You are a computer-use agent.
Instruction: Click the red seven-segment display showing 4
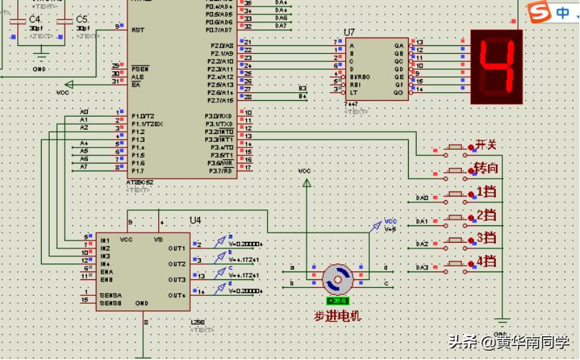(x=496, y=66)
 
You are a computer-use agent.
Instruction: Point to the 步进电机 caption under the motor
(x=337, y=316)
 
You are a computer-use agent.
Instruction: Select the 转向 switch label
(x=486, y=168)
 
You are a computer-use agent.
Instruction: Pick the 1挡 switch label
(x=486, y=192)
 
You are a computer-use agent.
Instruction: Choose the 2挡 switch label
(x=486, y=215)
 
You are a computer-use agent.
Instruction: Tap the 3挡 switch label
(x=486, y=238)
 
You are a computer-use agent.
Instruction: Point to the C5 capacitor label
(x=81, y=19)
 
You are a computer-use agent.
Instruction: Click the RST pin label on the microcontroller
(x=137, y=30)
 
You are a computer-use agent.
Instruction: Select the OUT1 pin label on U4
(x=177, y=248)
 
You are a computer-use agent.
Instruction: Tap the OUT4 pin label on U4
(x=177, y=295)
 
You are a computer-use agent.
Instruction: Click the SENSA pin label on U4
(x=111, y=295)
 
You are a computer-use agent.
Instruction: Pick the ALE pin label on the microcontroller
(x=137, y=76)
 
